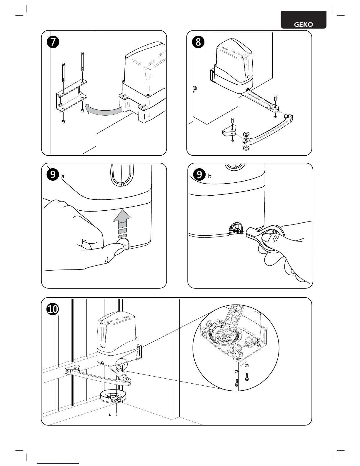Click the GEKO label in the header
(304, 25)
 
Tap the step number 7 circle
(53, 42)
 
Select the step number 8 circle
(198, 42)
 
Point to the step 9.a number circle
(52, 175)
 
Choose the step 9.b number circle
(199, 175)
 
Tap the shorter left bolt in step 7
(63, 74)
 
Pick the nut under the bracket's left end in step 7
(63, 122)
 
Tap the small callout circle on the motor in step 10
(122, 364)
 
